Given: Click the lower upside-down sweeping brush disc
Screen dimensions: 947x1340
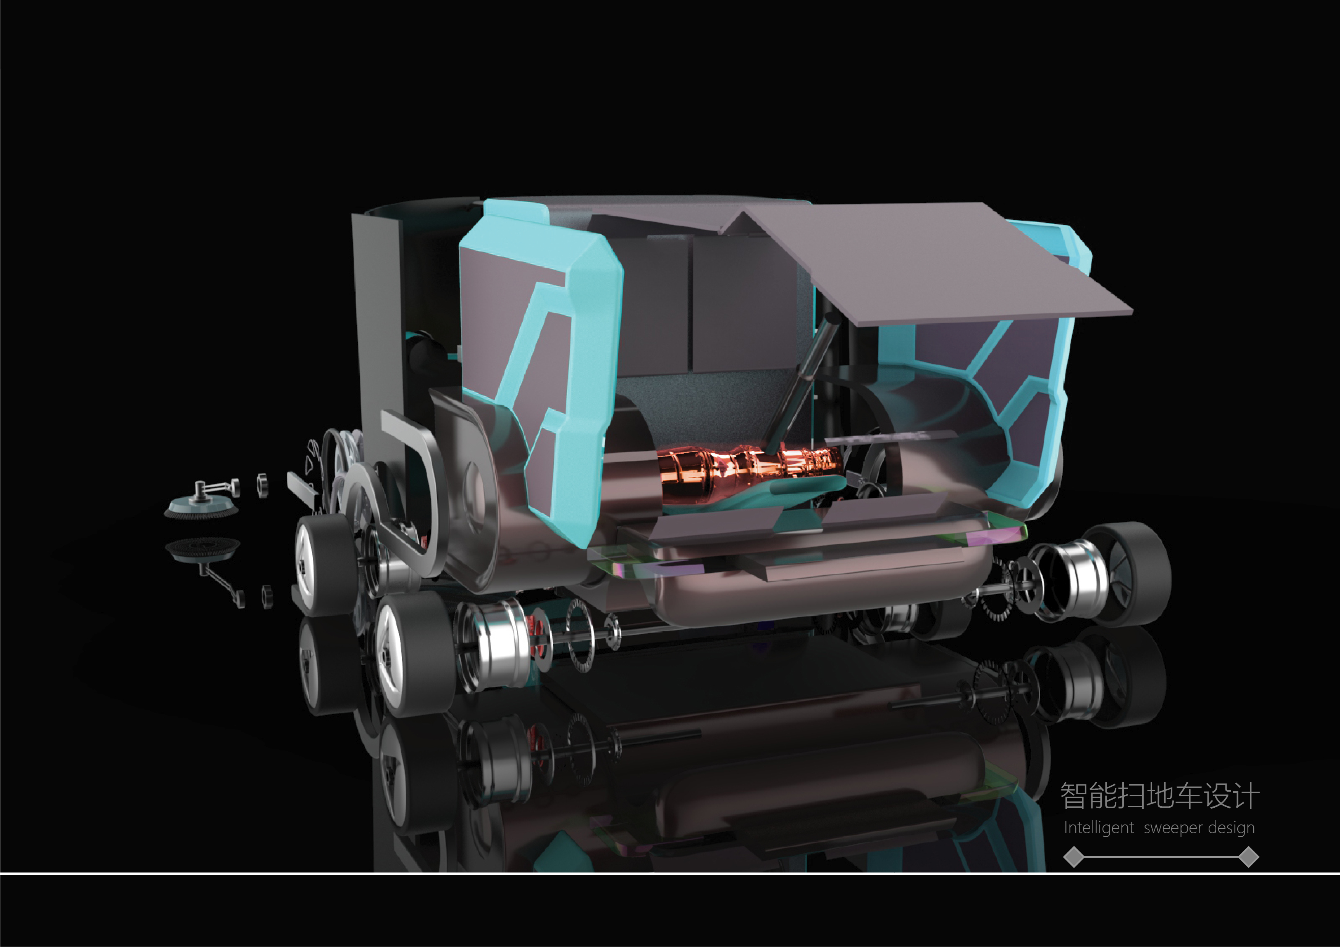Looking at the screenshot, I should [x=202, y=549].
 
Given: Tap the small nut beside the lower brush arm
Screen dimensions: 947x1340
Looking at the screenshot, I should [x=267, y=596].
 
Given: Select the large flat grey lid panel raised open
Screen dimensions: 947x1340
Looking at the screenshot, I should [x=934, y=263].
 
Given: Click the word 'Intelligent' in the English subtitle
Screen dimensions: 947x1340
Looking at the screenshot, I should [x=1098, y=828].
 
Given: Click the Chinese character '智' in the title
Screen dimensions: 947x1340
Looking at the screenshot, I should [x=1074, y=796].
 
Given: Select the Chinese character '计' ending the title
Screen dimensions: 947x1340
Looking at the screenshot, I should [x=1245, y=796].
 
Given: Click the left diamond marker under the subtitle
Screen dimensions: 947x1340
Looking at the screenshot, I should [x=1074, y=857].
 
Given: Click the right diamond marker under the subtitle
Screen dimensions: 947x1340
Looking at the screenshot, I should [x=1248, y=857].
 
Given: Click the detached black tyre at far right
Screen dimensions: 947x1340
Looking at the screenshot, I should [x=1138, y=575].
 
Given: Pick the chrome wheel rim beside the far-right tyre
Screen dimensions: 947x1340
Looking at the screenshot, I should [x=1080, y=578].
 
